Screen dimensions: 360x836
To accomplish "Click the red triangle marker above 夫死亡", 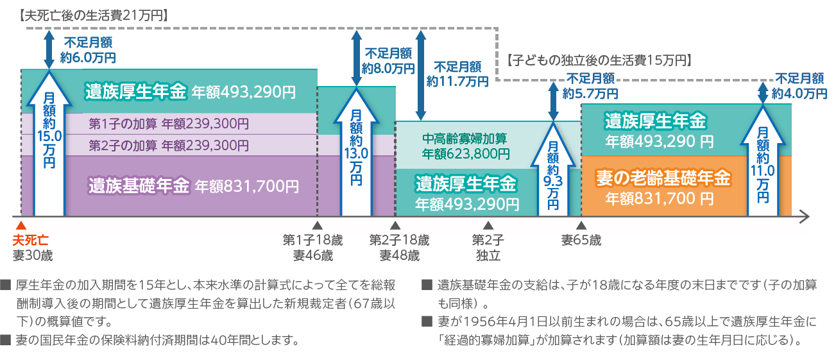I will point(21,225).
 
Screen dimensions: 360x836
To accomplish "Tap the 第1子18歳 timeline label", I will point(312,240).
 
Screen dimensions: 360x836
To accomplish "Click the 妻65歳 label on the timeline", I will point(581,240).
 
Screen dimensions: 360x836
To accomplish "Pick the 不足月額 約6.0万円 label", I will point(88,50).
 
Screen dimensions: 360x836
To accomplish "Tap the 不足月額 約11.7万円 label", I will point(457,74).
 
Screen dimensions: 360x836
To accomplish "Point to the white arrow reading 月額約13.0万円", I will point(356,154).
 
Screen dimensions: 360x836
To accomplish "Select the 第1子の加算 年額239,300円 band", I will point(168,123).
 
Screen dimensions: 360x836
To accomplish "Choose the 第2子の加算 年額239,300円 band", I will point(168,145).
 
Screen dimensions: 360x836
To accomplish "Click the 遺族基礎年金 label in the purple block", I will point(139,186).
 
